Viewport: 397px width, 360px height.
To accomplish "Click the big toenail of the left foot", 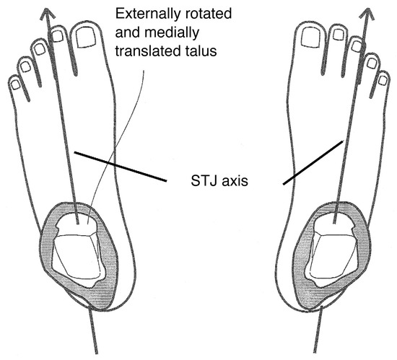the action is click(86, 38).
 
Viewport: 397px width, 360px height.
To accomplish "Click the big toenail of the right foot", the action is click(311, 37).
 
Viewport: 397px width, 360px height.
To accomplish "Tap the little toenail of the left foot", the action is click(16, 84).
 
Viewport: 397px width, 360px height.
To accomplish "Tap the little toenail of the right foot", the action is click(383, 81).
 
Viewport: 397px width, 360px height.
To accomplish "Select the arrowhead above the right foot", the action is click(368, 13).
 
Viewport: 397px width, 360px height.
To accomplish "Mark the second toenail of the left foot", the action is click(58, 35).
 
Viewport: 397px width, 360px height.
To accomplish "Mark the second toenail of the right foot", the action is click(339, 35).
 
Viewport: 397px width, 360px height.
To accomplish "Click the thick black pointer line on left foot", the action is click(121, 167).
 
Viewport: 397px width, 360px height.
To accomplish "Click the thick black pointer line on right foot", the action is click(313, 162).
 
